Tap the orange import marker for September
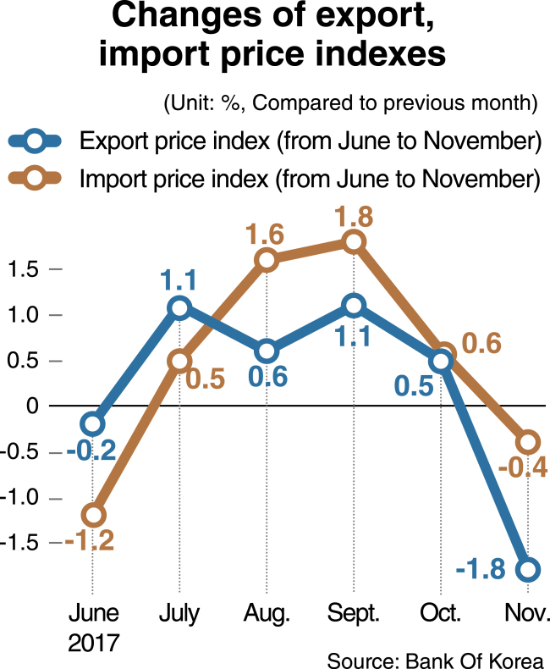click(354, 242)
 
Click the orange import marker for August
click(267, 260)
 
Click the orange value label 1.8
click(354, 215)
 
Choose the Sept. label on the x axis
click(353, 612)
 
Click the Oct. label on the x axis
click(440, 612)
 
